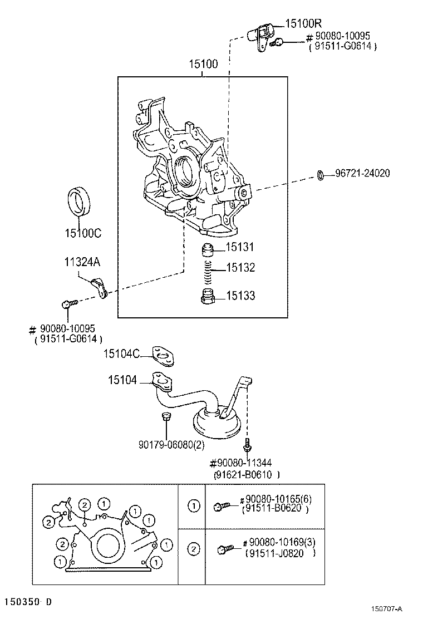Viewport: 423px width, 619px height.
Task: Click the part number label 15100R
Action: pos(303,23)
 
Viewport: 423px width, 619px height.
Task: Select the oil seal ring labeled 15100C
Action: pos(81,202)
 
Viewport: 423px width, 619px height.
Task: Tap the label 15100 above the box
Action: pos(203,65)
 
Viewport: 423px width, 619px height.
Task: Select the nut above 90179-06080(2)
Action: pos(165,417)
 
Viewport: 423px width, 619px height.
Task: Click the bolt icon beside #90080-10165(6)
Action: pos(221,507)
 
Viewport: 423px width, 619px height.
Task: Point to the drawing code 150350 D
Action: pos(28,602)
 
